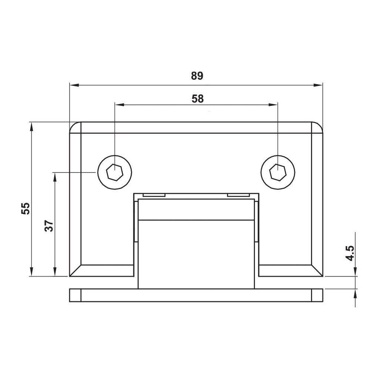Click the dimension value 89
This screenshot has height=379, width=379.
click(197, 76)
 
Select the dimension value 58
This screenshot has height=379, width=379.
click(198, 99)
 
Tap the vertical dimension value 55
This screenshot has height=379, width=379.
click(26, 208)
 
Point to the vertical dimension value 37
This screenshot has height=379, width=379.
click(49, 226)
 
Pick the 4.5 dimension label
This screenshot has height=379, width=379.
click(350, 253)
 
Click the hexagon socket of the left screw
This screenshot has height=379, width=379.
click(115, 172)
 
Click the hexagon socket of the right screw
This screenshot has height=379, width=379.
click(278, 172)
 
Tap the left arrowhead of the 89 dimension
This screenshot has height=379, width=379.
click(74, 85)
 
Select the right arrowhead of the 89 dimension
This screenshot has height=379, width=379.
click(318, 85)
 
